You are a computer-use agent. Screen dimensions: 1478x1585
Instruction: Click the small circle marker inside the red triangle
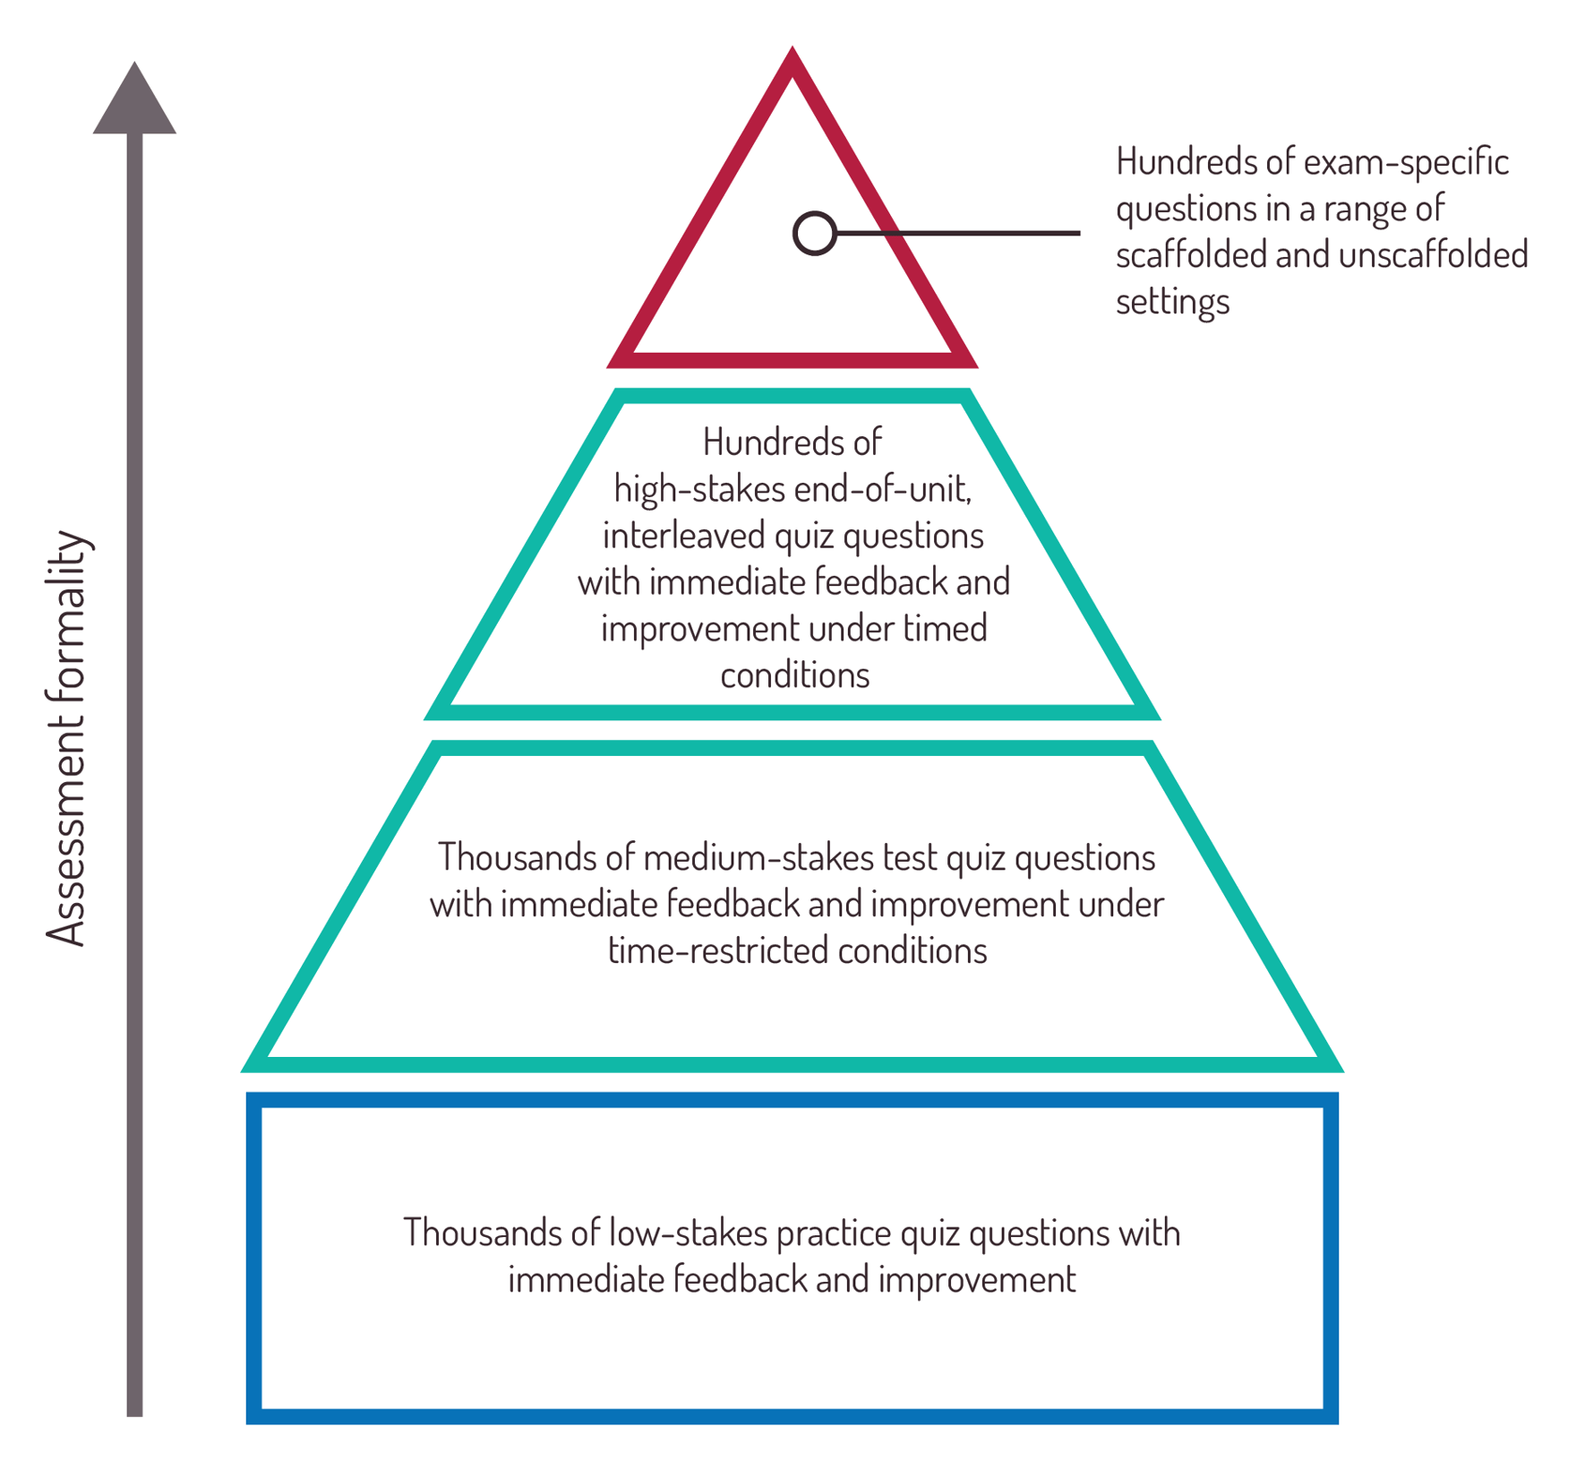[x=814, y=233]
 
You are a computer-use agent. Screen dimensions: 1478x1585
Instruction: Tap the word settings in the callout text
[x=1172, y=302]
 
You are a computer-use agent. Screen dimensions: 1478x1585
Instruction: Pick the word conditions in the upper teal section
[x=794, y=675]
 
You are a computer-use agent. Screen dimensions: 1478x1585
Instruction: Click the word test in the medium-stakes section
[x=910, y=858]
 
